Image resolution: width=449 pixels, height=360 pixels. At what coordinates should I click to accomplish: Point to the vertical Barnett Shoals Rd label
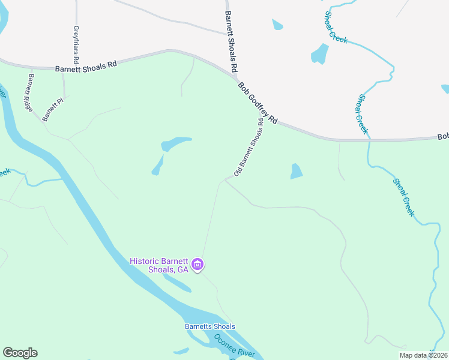tap(231, 38)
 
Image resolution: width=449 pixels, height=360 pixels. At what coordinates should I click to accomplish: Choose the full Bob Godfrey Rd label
tap(258, 103)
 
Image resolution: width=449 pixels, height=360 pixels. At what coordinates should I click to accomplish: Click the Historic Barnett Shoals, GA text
tap(159, 265)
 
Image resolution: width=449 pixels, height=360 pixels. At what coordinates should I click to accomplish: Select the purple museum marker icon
tap(197, 264)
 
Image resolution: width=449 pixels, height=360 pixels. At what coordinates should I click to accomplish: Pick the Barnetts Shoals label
tap(210, 326)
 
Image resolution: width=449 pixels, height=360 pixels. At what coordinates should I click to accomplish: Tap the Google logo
tap(20, 353)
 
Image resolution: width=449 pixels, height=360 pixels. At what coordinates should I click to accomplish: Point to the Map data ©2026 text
tap(424, 355)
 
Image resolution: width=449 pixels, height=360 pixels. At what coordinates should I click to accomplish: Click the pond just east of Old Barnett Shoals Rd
tap(296, 171)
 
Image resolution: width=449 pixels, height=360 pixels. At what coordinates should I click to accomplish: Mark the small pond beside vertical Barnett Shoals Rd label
tap(277, 25)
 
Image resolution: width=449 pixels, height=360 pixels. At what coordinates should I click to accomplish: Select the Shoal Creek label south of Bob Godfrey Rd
tap(405, 197)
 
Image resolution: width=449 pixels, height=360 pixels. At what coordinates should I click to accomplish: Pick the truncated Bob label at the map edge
tap(443, 137)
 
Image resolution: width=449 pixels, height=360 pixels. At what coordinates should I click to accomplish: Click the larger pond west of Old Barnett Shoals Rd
tap(175, 143)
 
